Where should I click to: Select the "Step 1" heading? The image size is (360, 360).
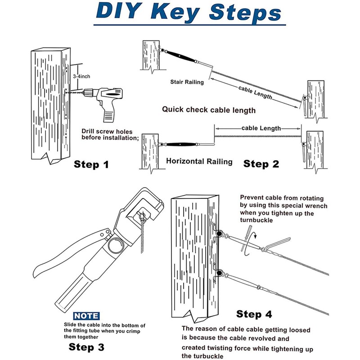[91, 164]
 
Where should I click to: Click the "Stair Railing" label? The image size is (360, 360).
[187, 82]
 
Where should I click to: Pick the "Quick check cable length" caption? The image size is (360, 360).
[209, 109]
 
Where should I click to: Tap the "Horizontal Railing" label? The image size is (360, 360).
[199, 161]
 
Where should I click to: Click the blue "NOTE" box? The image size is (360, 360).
[86, 316]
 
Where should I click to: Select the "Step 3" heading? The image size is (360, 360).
[86, 346]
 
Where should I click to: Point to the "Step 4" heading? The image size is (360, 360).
[255, 314]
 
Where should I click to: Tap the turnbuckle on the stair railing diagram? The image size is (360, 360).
[180, 58]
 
